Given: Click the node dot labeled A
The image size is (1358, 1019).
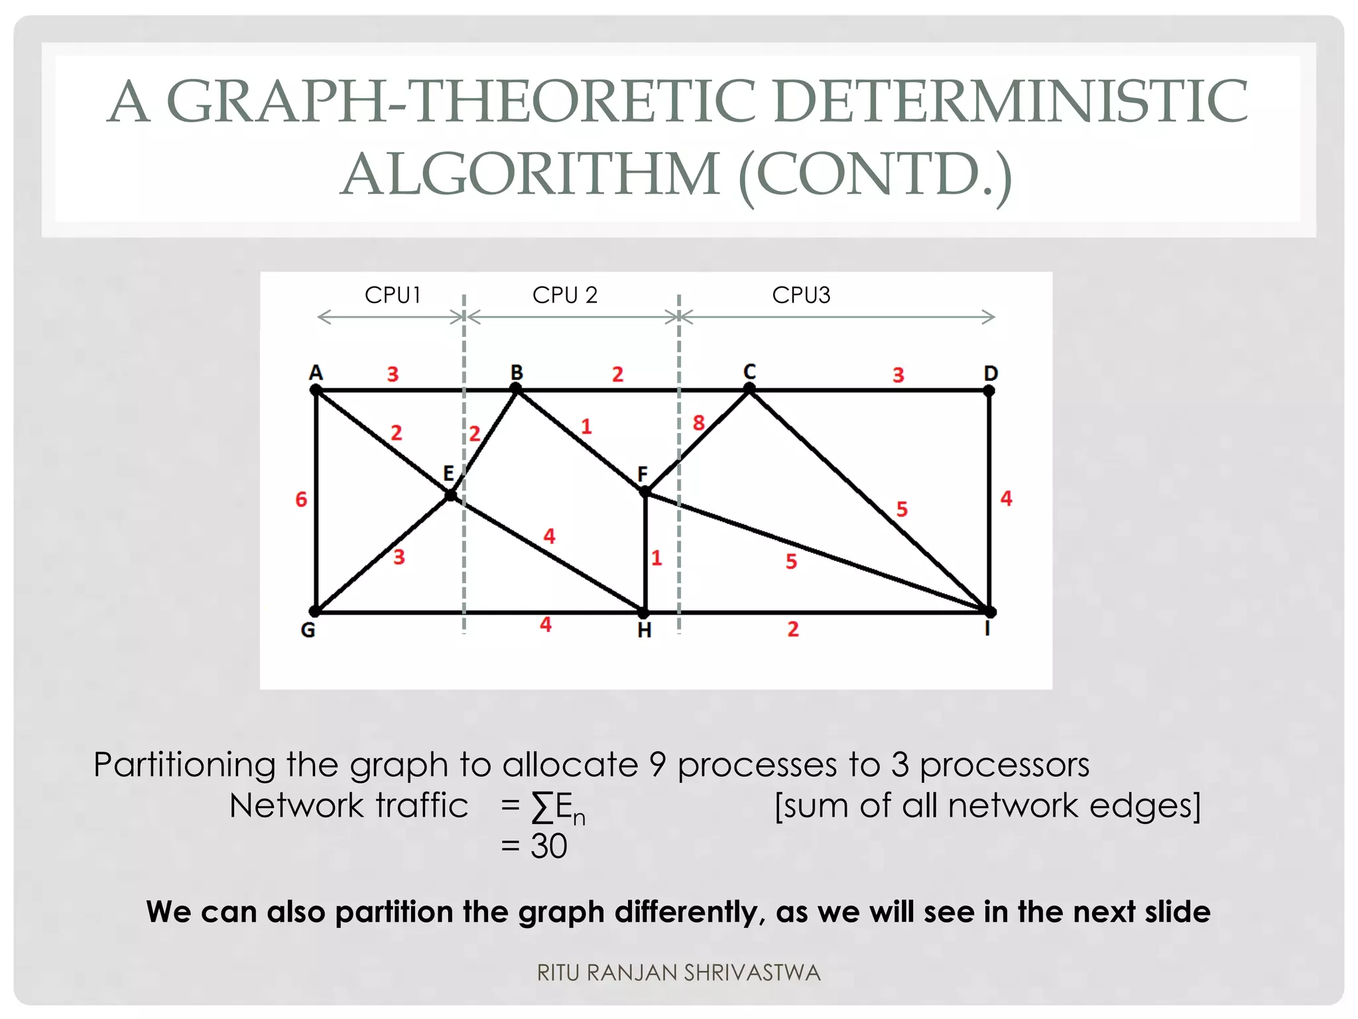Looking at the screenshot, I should point(316,391).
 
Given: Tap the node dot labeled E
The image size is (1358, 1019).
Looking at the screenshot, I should point(451,495).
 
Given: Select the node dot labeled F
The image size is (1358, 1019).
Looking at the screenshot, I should point(645,492).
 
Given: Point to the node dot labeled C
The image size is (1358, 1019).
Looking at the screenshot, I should point(749,390).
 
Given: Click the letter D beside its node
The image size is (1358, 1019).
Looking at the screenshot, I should point(991,373).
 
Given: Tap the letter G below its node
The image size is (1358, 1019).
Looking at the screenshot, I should point(308,630).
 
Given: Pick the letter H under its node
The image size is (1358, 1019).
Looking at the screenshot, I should point(644,630).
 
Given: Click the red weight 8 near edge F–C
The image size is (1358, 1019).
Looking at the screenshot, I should point(698,423).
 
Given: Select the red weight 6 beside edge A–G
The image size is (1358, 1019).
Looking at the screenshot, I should point(301,499).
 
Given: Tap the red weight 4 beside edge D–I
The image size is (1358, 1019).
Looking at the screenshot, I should point(1007,498).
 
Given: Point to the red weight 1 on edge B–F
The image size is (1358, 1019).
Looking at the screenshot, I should point(586,427).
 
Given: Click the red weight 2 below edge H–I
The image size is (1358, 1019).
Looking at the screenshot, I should point(793,629).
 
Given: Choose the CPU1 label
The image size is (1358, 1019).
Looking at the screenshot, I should point(393,295).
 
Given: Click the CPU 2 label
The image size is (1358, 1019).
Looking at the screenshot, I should point(565,295).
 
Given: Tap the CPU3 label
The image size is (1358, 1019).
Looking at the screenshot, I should point(801,295).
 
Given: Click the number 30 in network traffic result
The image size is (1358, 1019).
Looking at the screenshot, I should point(548,847).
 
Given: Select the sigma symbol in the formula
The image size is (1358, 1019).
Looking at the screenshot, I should point(542,807).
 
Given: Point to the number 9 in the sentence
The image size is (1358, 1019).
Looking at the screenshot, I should point(657,765).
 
